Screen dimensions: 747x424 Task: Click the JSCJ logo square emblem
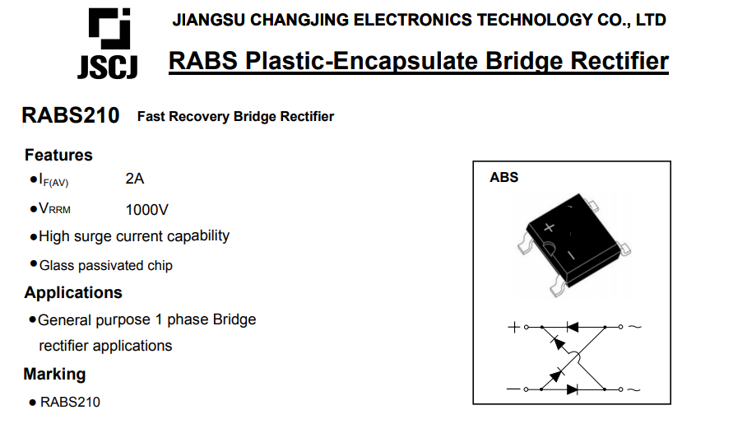(109, 29)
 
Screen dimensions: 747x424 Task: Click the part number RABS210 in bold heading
(71, 115)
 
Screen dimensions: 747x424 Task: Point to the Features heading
(58, 155)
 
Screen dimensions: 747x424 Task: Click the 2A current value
(135, 179)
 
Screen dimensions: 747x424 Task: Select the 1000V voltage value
(146, 209)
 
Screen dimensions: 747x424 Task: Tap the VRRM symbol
(55, 208)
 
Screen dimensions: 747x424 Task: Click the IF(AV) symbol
(53, 179)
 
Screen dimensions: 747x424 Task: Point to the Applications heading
(73, 292)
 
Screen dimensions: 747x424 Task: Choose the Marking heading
(55, 374)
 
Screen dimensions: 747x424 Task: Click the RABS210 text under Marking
(70, 402)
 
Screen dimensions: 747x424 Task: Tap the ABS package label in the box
(504, 178)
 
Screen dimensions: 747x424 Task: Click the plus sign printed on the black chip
(550, 227)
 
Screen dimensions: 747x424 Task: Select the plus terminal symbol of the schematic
(513, 327)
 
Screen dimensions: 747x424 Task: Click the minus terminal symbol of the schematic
(513, 389)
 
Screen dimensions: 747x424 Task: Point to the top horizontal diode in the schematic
(572, 327)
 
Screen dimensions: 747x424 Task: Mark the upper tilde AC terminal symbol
(635, 327)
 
